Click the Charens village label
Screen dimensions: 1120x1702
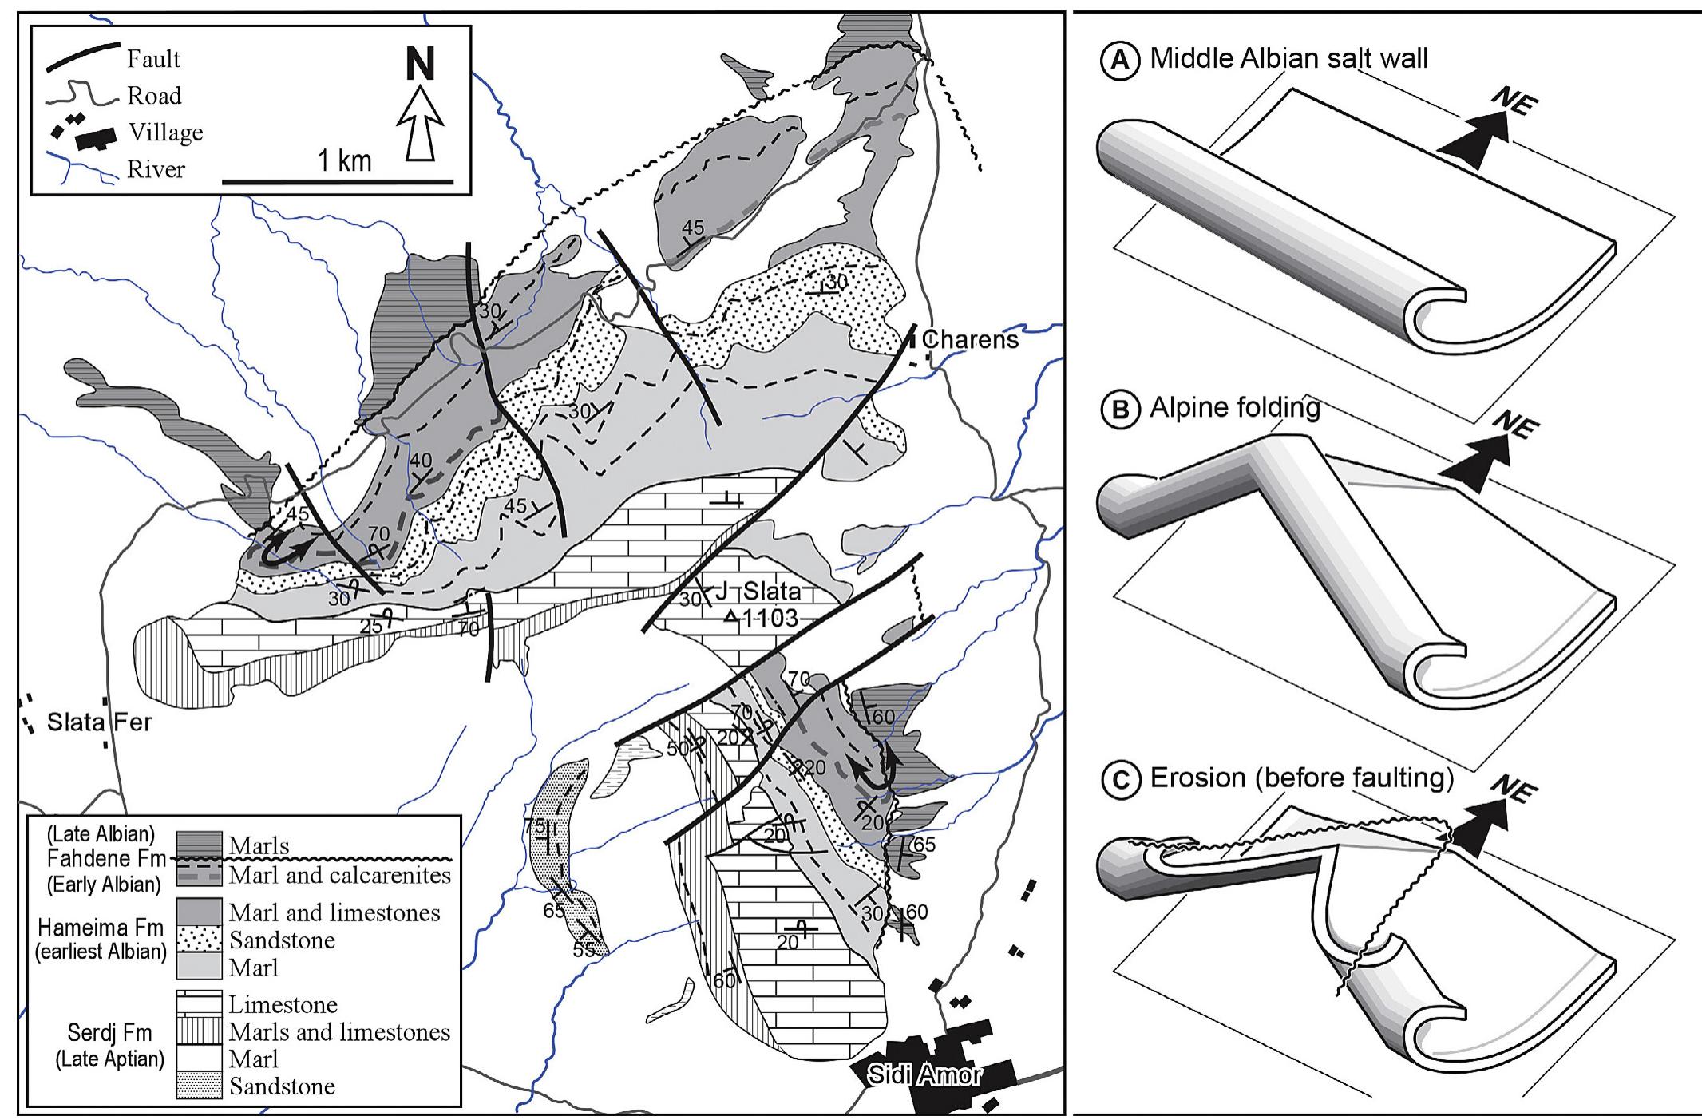click(x=970, y=339)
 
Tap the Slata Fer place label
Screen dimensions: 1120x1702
click(x=99, y=722)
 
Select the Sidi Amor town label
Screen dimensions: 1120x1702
click(x=924, y=1075)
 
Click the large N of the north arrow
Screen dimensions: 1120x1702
click(x=420, y=65)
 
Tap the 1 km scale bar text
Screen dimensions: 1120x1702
click(x=344, y=161)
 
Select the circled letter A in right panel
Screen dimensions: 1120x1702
click(x=1119, y=60)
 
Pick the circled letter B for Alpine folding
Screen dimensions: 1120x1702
click(x=1119, y=410)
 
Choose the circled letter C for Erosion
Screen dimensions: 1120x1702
click(x=1119, y=778)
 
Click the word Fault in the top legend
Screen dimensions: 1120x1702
click(x=153, y=59)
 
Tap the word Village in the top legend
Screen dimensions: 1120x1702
click(x=165, y=132)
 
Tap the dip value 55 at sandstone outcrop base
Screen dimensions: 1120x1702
click(x=583, y=950)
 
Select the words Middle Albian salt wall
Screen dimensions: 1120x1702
click(x=1288, y=58)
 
